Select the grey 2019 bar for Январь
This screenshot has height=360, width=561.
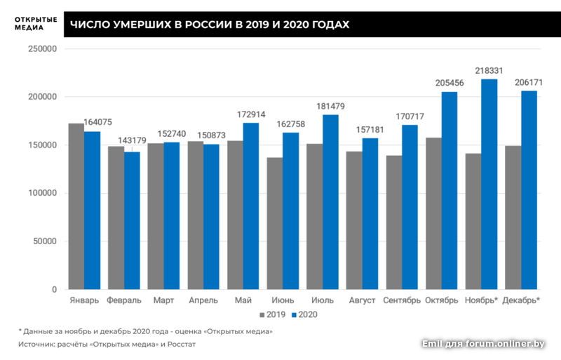[76, 206]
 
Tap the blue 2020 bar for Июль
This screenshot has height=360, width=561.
[330, 201]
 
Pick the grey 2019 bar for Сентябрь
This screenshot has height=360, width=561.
[393, 222]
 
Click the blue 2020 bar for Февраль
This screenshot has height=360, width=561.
[132, 220]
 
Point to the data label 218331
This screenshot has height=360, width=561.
[489, 72]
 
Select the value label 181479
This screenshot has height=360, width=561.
[330, 107]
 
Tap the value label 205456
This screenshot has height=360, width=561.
[450, 84]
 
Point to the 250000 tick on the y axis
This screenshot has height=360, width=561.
[41, 49]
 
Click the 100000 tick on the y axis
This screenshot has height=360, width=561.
[41, 194]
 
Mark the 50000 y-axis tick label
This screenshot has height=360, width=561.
[43, 241]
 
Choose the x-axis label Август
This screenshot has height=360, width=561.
[363, 300]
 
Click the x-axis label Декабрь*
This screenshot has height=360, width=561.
[521, 300]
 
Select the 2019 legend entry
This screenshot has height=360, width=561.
[273, 314]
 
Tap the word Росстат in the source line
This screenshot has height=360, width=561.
[181, 345]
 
